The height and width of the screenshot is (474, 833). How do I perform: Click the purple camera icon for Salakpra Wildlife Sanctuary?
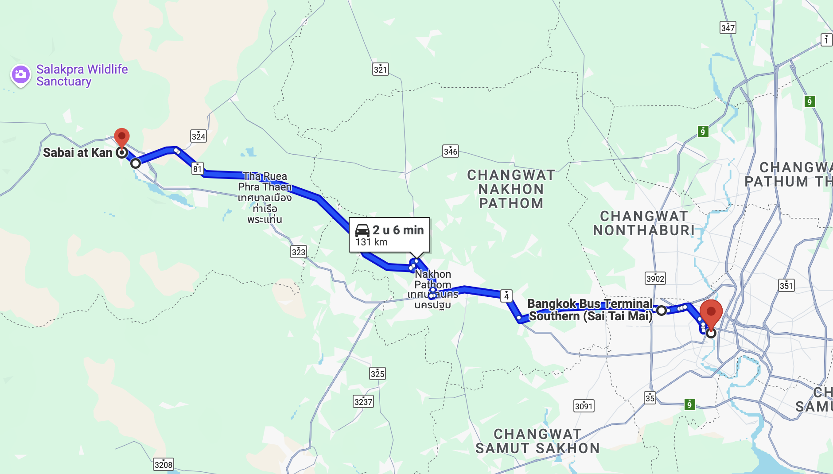click(20, 74)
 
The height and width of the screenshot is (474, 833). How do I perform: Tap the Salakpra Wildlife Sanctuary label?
click(82, 75)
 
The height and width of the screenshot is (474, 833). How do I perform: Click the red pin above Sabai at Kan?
click(121, 137)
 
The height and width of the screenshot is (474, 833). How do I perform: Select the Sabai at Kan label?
click(78, 153)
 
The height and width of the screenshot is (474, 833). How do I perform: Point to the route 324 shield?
click(198, 136)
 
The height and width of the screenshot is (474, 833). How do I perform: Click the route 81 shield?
click(197, 168)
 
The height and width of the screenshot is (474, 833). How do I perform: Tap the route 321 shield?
click(380, 69)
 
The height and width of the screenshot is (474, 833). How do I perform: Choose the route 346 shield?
click(450, 151)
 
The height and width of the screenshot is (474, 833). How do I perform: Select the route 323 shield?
click(298, 252)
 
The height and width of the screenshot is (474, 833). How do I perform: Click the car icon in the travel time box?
click(362, 230)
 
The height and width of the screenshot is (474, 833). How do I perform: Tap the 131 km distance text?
click(371, 242)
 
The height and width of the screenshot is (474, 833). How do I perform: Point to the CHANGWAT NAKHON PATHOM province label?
click(511, 189)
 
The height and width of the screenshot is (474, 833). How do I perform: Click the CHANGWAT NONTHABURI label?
click(644, 223)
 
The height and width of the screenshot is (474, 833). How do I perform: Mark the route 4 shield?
click(506, 296)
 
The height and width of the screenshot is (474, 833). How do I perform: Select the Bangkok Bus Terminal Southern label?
click(590, 310)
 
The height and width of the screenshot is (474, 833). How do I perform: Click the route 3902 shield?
click(655, 278)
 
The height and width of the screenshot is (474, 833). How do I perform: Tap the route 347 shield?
click(728, 27)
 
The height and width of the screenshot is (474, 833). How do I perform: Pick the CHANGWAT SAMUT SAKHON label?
click(537, 441)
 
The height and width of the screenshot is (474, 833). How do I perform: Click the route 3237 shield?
click(363, 401)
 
